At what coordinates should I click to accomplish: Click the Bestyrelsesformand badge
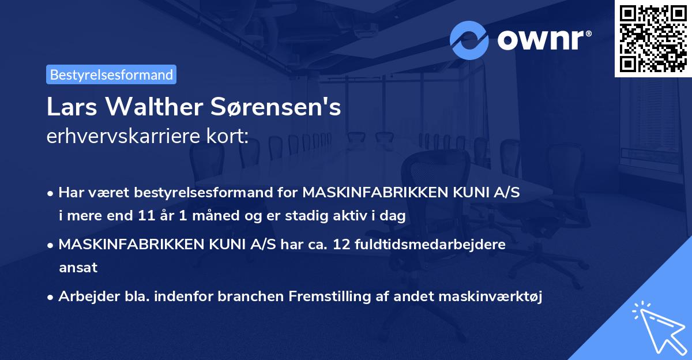coord(111,74)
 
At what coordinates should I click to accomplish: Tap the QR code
coord(652,38)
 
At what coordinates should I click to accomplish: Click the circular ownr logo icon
coord(469,40)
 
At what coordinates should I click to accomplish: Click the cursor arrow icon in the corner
coord(657,328)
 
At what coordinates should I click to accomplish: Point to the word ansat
coord(78,268)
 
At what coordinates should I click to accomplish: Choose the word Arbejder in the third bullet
coord(85,297)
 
